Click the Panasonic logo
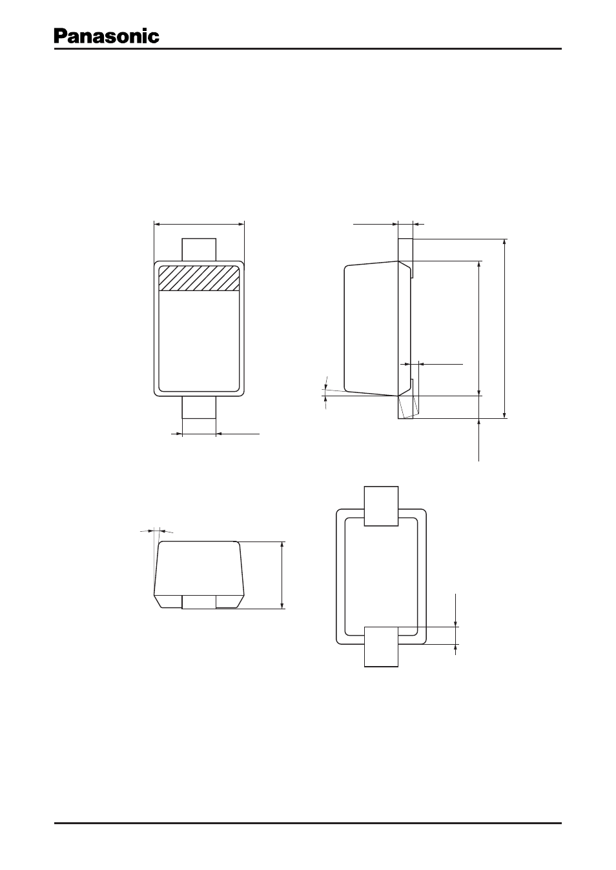click(x=107, y=36)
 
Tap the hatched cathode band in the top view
click(x=199, y=278)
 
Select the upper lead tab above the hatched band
click(x=199, y=250)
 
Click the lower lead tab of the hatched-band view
click(x=199, y=407)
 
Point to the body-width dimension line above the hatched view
click(x=199, y=224)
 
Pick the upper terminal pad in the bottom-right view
click(x=381, y=506)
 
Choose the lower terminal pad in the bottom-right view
click(x=381, y=647)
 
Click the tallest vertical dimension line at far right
click(x=504, y=329)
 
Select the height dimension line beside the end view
click(x=282, y=575)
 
